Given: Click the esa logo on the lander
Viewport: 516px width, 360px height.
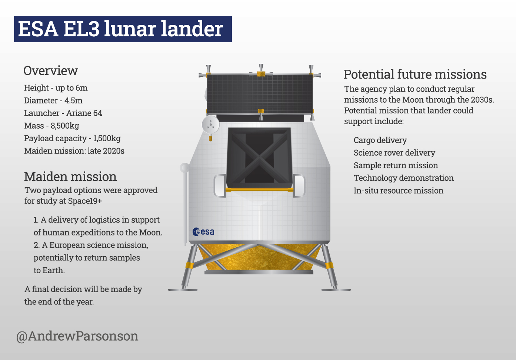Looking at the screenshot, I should coord(203,232).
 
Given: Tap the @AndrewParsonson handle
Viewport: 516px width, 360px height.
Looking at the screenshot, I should coord(77,336).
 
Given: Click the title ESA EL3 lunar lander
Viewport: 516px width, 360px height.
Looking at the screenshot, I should coord(121,29).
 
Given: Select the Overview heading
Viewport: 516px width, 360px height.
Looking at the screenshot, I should coord(51,71).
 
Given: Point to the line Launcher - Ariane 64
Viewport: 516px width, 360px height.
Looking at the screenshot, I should coord(63,113).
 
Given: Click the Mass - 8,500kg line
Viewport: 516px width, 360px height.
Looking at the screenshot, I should coord(51,126).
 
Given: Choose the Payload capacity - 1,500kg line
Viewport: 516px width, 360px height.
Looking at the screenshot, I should coord(72,138).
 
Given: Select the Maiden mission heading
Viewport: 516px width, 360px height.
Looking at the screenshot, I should coord(70,176).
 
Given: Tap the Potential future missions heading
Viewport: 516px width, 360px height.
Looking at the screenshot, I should coord(415,75).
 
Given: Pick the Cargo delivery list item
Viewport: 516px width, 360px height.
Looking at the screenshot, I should coord(380,140).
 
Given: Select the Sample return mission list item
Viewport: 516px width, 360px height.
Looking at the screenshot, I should coord(396,165).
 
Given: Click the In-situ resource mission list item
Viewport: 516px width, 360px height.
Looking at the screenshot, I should coord(398,191).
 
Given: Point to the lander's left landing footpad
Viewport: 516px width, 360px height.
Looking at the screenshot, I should coord(183,290).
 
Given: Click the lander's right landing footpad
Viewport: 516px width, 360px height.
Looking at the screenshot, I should coord(336,290).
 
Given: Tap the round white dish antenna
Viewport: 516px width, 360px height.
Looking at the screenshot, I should coord(210,125).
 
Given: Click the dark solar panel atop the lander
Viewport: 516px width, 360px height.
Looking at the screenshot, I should coord(260,94).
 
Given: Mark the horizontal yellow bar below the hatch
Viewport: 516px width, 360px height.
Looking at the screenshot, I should coord(259,190).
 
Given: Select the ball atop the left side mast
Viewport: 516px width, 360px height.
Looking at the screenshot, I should coord(184,168).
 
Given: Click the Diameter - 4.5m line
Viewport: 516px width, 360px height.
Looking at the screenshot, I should coord(53,100).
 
